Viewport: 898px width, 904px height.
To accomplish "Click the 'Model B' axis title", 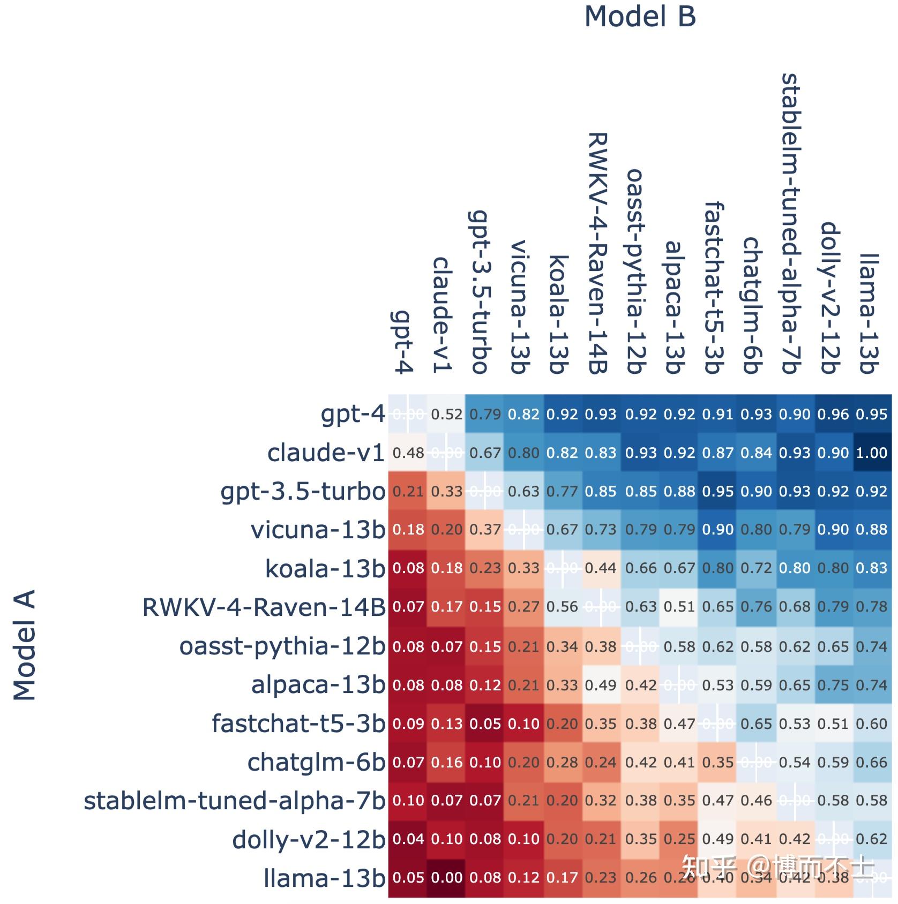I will tap(640, 17).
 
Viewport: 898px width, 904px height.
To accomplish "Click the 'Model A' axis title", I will tap(25, 645).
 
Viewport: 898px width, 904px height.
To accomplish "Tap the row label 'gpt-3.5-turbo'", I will tap(303, 492).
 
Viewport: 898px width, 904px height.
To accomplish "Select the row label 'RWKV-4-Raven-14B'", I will tap(264, 607).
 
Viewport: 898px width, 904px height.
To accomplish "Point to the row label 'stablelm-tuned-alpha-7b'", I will tap(234, 801).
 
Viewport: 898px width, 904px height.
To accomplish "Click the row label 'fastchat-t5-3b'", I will tap(298, 724).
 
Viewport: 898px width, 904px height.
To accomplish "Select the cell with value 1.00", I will tap(872, 453).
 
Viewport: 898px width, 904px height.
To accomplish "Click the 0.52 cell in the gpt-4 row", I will tap(446, 415).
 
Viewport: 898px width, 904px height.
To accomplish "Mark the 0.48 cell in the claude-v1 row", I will tap(408, 453).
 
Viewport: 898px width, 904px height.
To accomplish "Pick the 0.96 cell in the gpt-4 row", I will tap(833, 415).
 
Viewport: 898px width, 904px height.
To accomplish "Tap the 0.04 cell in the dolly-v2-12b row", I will tap(408, 839).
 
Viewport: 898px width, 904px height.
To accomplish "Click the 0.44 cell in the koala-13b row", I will tap(601, 568).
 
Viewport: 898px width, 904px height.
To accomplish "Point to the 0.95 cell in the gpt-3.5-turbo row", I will tap(717, 492).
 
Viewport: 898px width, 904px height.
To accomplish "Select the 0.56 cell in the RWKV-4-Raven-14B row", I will tap(562, 607).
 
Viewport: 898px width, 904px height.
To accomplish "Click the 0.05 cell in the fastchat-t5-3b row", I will tap(485, 724).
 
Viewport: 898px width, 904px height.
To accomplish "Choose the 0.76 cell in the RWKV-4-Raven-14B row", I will tap(756, 607).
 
